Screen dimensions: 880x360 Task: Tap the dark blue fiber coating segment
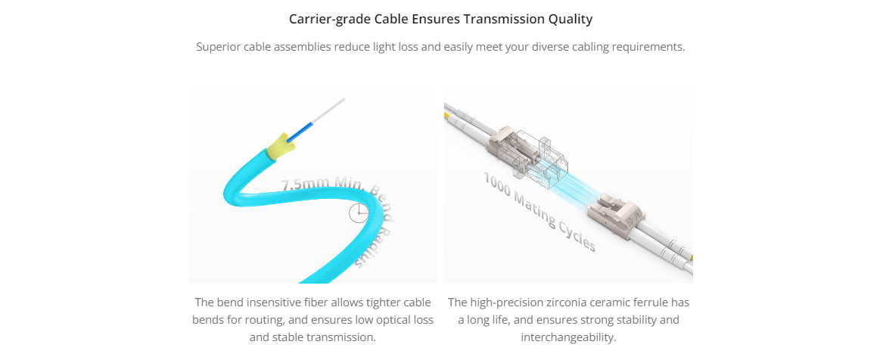tap(297, 129)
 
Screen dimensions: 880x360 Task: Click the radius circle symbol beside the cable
tap(359, 213)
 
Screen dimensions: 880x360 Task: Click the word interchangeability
tap(568, 337)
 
